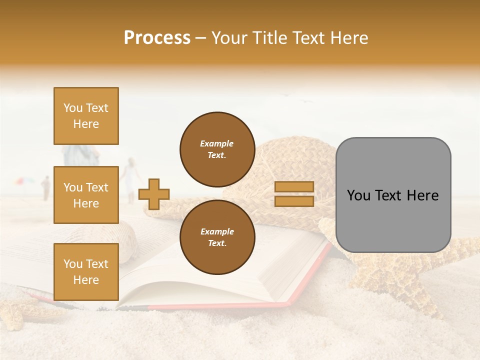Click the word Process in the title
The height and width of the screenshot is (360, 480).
pos(157,38)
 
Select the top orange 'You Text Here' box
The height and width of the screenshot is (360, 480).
pos(86,116)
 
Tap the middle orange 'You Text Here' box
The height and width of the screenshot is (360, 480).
pos(86,195)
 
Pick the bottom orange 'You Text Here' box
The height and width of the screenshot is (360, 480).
pos(86,272)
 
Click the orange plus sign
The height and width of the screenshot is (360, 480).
pos(154,194)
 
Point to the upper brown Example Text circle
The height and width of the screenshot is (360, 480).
pos(217,149)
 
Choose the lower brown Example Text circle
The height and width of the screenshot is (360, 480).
pos(217,237)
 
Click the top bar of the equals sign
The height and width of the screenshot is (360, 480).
pos(294,187)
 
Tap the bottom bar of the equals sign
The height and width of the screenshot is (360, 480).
pos(294,201)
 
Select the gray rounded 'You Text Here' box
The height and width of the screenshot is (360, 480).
pos(393,195)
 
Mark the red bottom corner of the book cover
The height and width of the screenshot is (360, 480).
pos(287,303)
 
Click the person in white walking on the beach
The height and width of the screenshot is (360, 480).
pos(131,177)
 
